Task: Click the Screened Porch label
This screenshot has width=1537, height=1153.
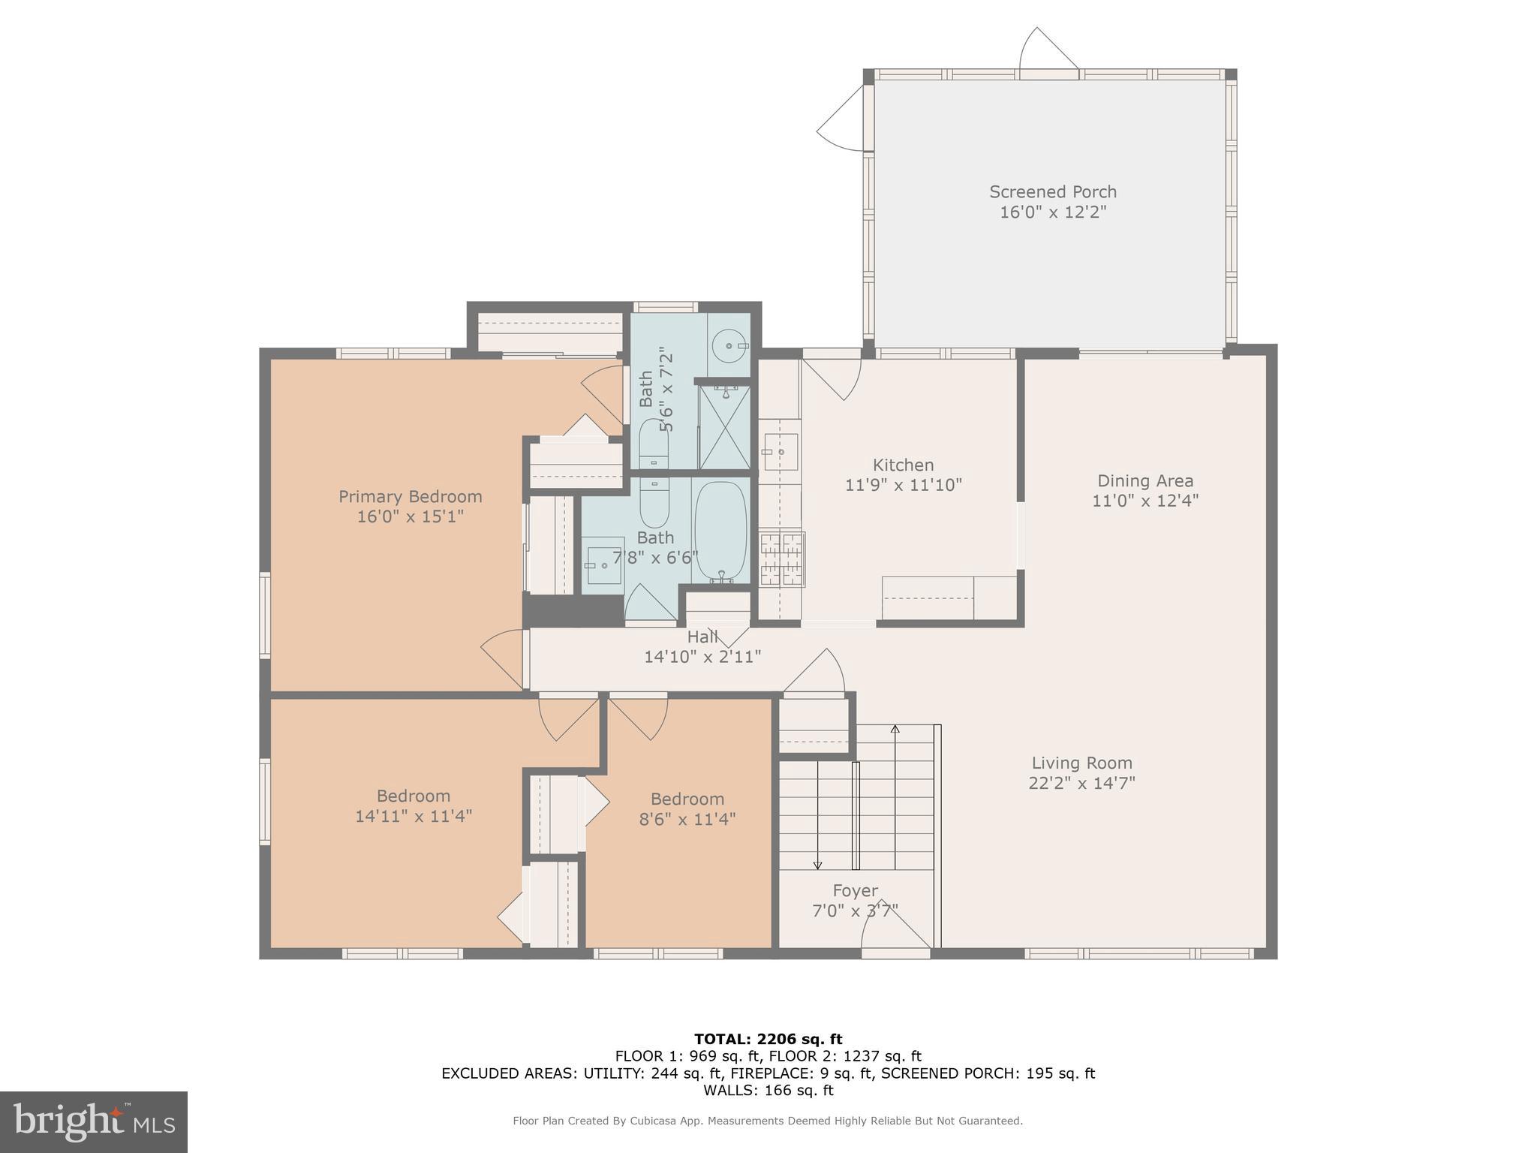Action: pyautogui.click(x=1052, y=192)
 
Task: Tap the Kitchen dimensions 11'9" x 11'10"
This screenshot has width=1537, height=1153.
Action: pyautogui.click(x=903, y=485)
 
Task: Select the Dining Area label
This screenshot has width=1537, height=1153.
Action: pyautogui.click(x=1144, y=480)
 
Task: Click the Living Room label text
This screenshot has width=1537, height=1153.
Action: pyautogui.click(x=1081, y=763)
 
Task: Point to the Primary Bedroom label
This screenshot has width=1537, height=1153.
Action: pyautogui.click(x=410, y=496)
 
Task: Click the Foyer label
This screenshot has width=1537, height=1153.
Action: pyautogui.click(x=855, y=890)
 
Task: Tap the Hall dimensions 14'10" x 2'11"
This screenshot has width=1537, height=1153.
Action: pyautogui.click(x=702, y=657)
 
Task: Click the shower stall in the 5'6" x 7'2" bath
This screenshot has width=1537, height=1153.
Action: pyautogui.click(x=724, y=426)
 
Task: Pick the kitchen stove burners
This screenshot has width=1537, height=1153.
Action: pyautogui.click(x=782, y=559)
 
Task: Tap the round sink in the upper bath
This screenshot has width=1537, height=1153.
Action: pyautogui.click(x=729, y=345)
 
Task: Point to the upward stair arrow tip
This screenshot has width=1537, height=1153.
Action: pyautogui.click(x=895, y=728)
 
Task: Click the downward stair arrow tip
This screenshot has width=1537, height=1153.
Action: pyautogui.click(x=817, y=867)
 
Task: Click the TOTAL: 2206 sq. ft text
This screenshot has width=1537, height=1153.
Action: pyautogui.click(x=768, y=1039)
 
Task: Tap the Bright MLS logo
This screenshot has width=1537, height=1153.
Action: pyautogui.click(x=94, y=1121)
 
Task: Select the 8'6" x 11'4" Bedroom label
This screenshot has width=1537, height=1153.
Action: pyautogui.click(x=687, y=799)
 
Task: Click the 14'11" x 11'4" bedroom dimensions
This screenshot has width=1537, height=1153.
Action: pyautogui.click(x=413, y=816)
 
